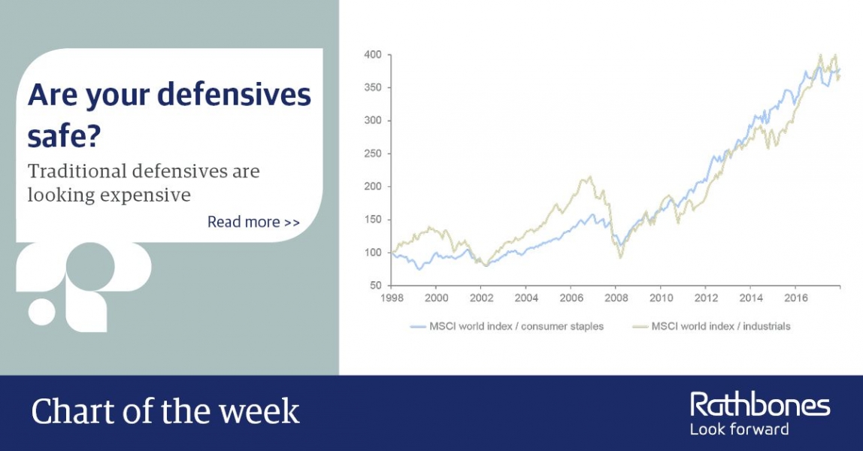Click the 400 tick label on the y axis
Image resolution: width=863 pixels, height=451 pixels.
click(x=373, y=55)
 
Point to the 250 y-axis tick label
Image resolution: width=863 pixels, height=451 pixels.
click(x=373, y=153)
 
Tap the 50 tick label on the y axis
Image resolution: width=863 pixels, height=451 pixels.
click(x=375, y=286)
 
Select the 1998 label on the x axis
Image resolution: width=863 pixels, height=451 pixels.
click(x=392, y=298)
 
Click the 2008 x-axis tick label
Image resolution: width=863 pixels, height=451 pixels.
click(x=616, y=298)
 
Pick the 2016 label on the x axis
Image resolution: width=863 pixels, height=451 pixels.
click(x=796, y=298)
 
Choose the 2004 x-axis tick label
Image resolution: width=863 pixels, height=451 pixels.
click(x=526, y=298)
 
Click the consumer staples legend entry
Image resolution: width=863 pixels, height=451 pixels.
click(x=507, y=326)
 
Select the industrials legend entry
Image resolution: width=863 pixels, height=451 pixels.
click(x=712, y=326)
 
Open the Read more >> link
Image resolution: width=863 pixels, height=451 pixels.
click(x=253, y=222)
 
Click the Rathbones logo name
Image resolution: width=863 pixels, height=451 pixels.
click(x=760, y=405)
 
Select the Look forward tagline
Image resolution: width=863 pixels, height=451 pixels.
click(x=739, y=429)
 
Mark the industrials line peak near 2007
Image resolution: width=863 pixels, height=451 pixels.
click(x=589, y=177)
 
